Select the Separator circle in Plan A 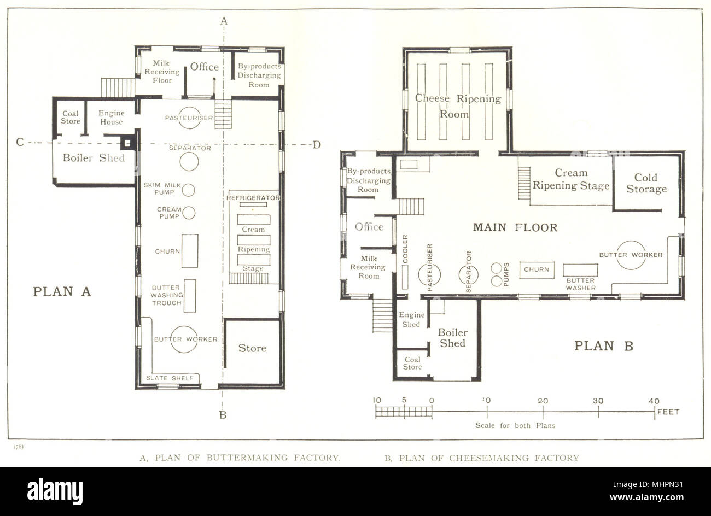tap(189, 161)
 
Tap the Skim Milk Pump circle tap(188, 190)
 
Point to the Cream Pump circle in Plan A tap(189, 213)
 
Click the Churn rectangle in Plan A tap(190, 251)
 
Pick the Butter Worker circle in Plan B tap(631, 255)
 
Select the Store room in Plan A tap(252, 348)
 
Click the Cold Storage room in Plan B tap(646, 184)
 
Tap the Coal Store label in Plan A tap(70, 118)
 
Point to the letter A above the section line tap(223, 21)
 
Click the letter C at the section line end tap(20, 143)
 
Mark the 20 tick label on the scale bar tap(543, 401)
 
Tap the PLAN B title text tap(603, 346)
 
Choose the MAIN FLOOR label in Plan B tap(515, 227)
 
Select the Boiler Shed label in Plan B tap(453, 338)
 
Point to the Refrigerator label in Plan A tap(253, 197)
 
